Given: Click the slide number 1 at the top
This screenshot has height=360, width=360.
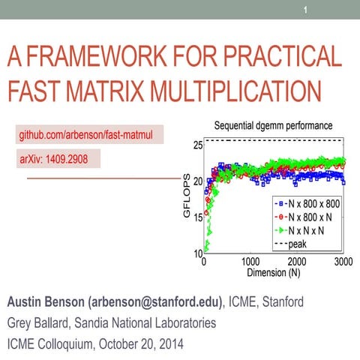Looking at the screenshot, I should click(306, 10).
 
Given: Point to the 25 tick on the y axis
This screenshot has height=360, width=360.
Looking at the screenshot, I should click(197, 145).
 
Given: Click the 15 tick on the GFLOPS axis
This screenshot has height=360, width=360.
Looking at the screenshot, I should click(197, 218).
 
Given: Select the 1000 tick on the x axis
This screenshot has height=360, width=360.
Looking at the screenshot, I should click(251, 262).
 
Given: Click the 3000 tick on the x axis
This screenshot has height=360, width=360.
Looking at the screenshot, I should click(343, 262).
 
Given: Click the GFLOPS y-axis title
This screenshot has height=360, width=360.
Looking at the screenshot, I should click(187, 197).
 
